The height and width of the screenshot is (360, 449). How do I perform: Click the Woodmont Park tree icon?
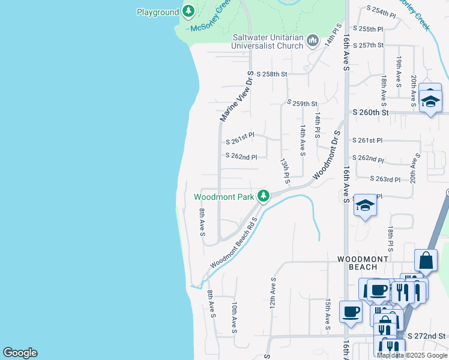coord(263,196)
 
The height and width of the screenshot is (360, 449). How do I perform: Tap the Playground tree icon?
coord(188,11)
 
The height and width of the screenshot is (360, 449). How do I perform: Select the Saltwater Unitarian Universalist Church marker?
coord(312,41)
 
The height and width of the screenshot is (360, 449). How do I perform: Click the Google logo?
coord(20,353)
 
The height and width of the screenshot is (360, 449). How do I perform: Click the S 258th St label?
coord(272,74)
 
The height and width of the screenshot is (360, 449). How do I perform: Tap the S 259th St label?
coord(301,104)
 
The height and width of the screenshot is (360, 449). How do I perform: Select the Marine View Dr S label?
coord(235,96)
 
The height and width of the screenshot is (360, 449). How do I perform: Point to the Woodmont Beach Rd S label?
coord(234,243)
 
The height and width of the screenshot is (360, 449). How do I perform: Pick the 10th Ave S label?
coord(235,317)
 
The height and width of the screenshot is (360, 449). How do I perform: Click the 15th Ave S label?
coord(328,314)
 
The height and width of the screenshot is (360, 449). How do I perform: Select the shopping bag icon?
coord(426,260)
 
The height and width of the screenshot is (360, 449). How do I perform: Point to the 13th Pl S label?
coord(286,171)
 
